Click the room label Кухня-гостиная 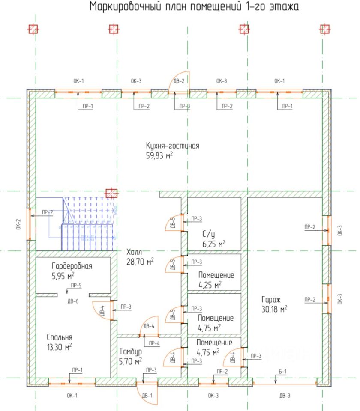coord(172,146)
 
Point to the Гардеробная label coord(72,266)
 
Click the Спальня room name coord(60,337)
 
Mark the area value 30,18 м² coord(274,309)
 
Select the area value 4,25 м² coord(210,284)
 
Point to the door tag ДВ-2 coord(179,81)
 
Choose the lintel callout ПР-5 coord(76,285)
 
